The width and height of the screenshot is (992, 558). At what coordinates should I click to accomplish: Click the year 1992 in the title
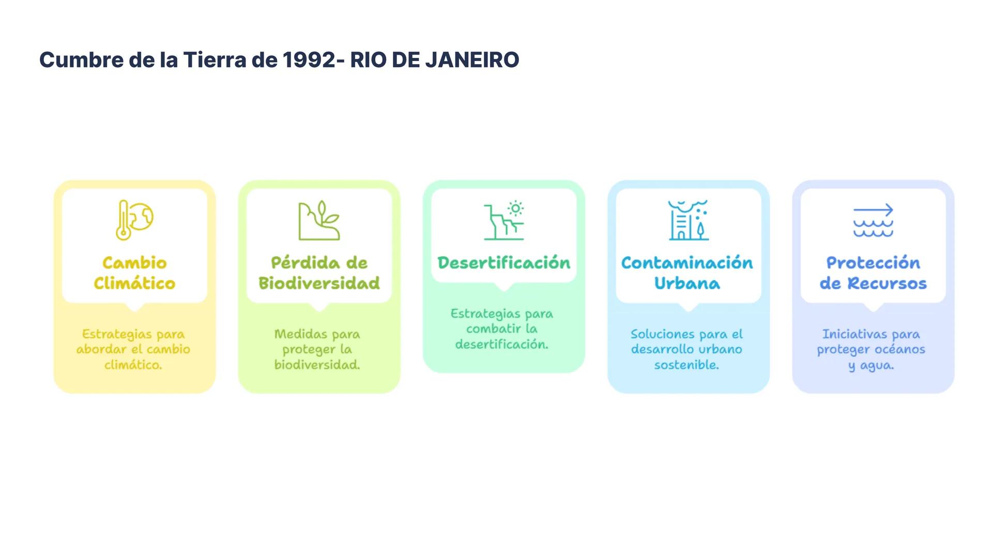click(x=309, y=60)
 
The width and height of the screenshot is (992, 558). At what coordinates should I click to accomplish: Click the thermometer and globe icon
click(x=134, y=220)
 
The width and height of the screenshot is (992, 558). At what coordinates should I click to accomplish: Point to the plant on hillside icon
click(x=319, y=221)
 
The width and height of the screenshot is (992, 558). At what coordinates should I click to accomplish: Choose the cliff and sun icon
click(x=504, y=221)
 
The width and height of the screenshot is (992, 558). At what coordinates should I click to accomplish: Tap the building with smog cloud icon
click(x=688, y=221)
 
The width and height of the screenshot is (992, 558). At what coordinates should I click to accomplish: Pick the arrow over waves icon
click(x=873, y=221)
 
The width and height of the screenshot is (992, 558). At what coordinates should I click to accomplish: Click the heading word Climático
click(x=134, y=283)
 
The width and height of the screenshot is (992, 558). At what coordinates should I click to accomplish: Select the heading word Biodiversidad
click(x=319, y=283)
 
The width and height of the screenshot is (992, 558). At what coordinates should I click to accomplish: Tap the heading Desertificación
click(x=504, y=263)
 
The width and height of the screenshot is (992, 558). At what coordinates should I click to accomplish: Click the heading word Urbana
click(x=687, y=283)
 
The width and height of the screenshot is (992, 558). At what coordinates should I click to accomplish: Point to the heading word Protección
click(x=873, y=263)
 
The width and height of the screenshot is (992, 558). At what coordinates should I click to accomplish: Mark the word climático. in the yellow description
click(x=133, y=365)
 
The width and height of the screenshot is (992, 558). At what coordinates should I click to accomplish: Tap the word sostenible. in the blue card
click(x=686, y=365)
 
